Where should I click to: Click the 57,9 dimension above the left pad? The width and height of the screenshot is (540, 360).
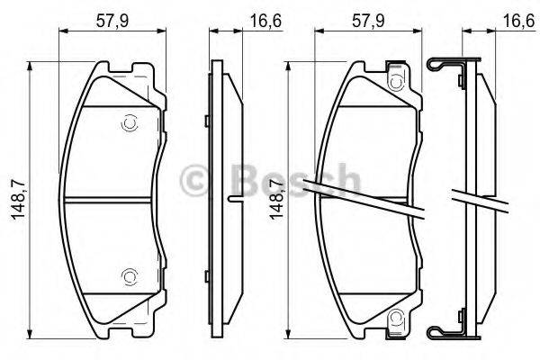112,15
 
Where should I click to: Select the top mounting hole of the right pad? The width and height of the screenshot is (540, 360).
393,83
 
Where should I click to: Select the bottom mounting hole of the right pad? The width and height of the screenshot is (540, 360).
393,316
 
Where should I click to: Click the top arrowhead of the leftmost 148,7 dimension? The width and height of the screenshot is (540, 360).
32,66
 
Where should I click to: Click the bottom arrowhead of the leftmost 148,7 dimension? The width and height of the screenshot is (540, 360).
32,329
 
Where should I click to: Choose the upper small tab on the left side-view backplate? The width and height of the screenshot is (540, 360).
207,119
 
